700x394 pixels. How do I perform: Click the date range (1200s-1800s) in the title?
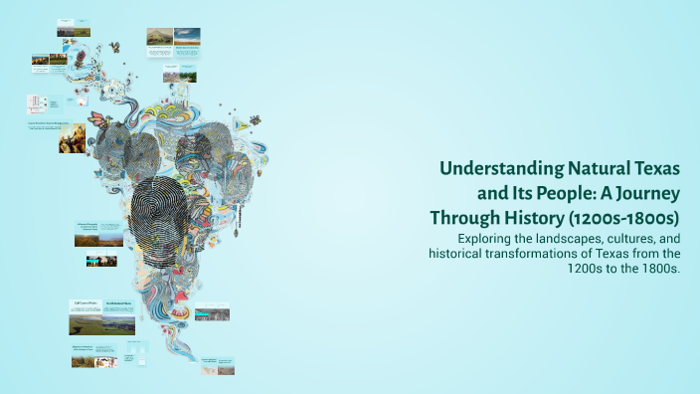click(632, 217)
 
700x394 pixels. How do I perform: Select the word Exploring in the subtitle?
click(489, 239)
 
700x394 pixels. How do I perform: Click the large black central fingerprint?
click(170, 214)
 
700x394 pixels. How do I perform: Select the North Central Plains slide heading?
click(119, 302)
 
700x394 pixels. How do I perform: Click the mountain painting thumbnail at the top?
click(159, 37)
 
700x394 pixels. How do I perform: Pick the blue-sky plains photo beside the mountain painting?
click(186, 37)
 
